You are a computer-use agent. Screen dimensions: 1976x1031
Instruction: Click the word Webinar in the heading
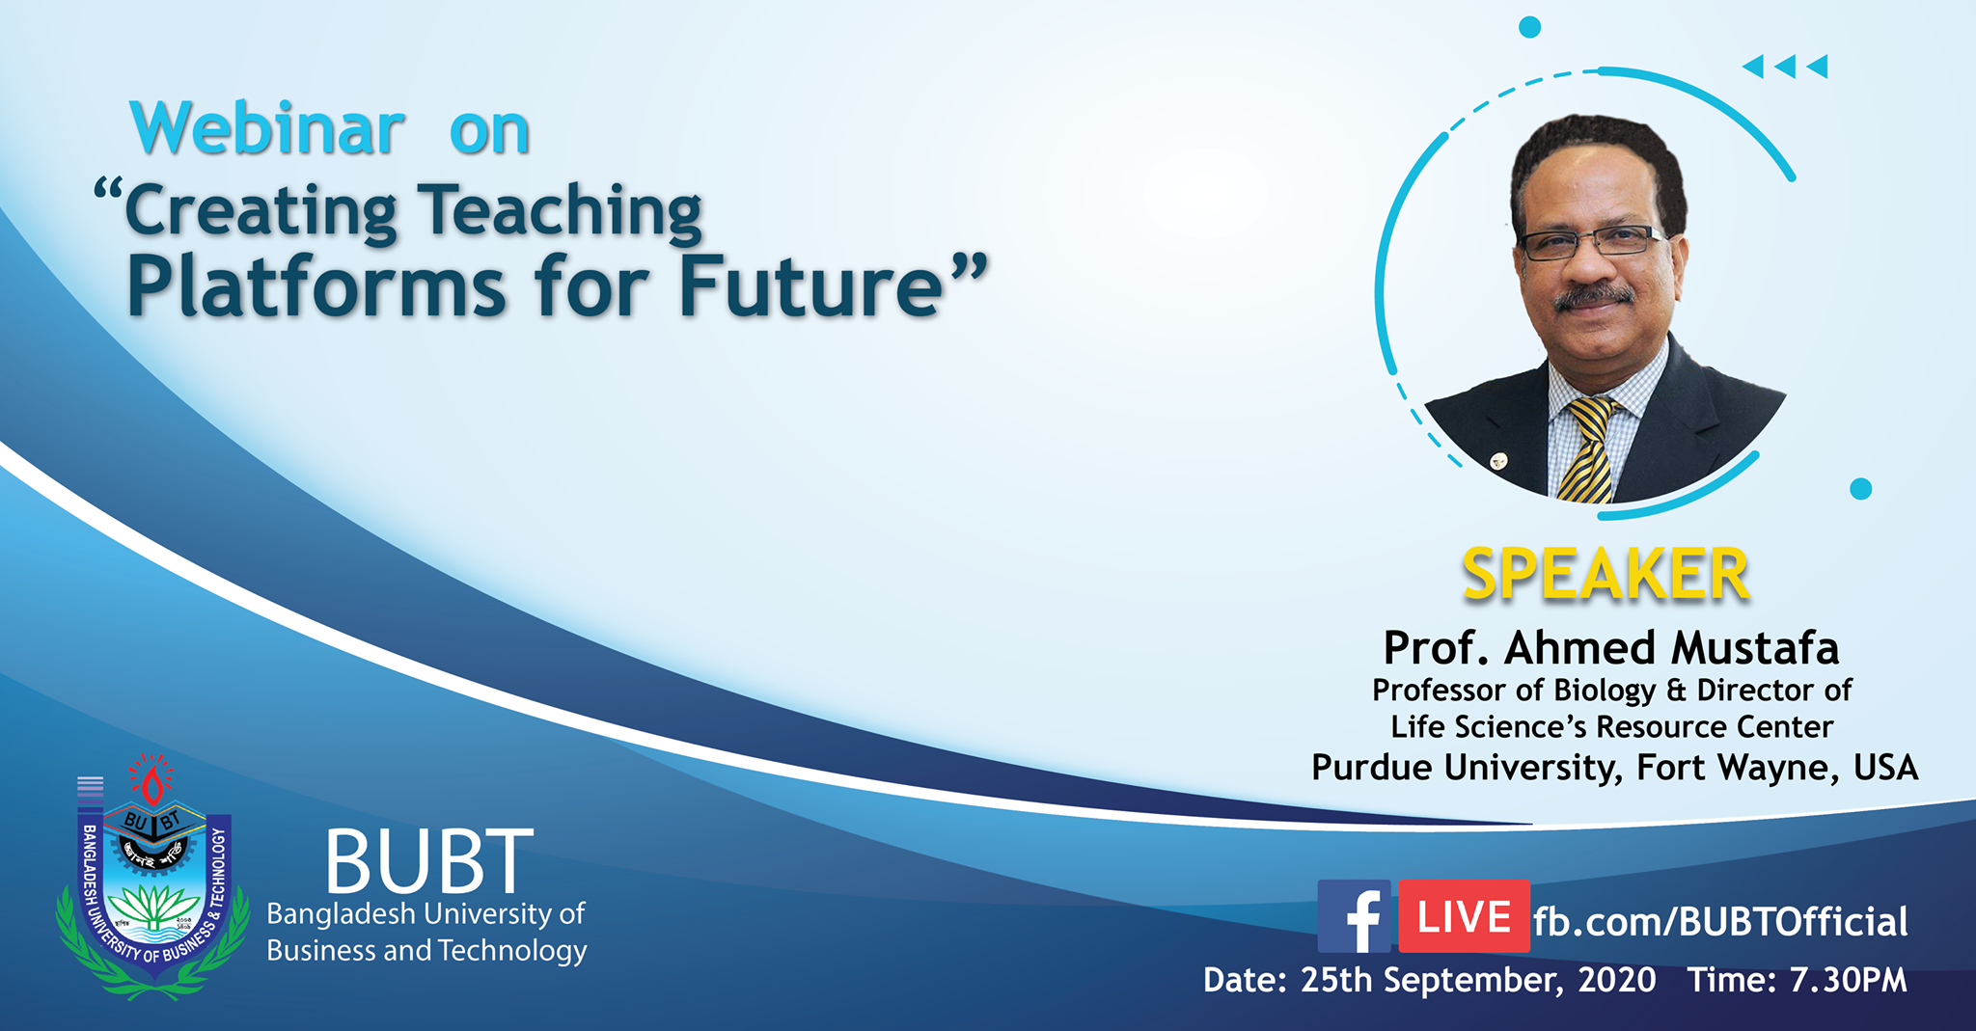268,128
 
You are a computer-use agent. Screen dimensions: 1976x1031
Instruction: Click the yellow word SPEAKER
1605,575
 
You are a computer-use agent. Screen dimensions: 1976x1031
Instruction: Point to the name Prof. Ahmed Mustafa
1611,647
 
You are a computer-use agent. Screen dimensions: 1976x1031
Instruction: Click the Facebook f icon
1355,916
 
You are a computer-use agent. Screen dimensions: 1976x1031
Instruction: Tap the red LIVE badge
1464,916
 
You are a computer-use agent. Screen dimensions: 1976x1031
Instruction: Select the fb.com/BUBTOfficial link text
1720,922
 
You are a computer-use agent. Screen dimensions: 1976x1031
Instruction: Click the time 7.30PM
1849,980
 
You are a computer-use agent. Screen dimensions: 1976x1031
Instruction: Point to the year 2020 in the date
1617,980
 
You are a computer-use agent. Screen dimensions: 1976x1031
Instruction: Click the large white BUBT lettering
428,860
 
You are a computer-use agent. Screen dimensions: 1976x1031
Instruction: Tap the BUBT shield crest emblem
152,876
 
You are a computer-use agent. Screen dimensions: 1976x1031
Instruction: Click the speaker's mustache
1593,296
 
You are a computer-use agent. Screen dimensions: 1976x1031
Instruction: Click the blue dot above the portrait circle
1529,27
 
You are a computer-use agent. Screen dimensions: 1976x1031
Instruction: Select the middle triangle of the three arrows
1785,66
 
